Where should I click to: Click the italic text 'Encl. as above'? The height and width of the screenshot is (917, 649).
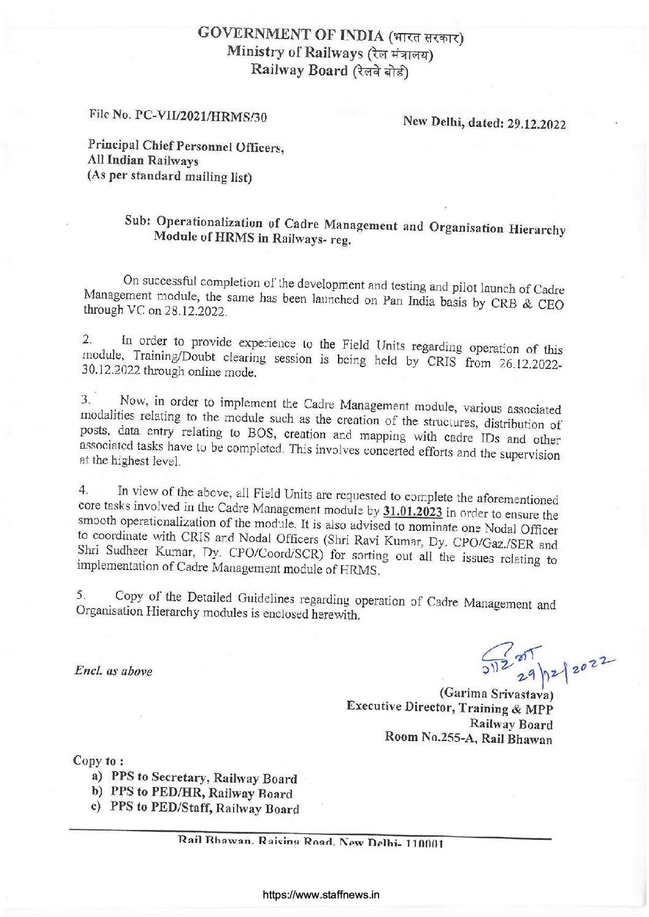[113, 671]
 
